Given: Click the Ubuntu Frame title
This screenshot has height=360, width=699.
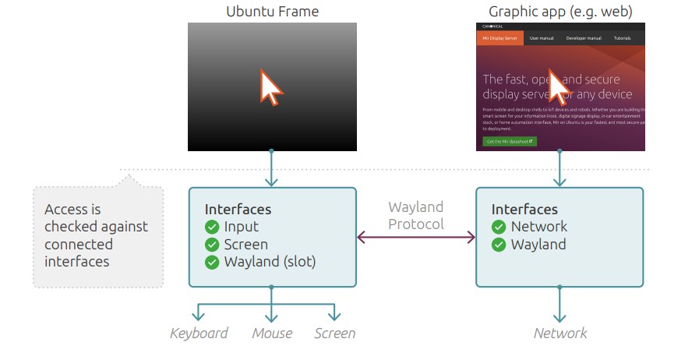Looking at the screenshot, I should click(x=272, y=12).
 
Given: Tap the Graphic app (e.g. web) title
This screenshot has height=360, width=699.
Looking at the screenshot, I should click(x=560, y=12).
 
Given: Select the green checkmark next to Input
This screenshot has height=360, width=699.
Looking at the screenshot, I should click(x=212, y=227).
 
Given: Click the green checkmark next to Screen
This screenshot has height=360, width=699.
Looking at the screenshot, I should click(x=212, y=245).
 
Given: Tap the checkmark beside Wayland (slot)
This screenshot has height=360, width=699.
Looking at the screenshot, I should click(x=212, y=262).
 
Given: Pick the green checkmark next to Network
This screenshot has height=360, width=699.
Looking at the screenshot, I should click(x=499, y=227).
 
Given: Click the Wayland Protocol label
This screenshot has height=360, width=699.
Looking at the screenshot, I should click(x=416, y=216).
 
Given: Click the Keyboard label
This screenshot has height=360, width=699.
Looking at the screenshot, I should click(x=199, y=334).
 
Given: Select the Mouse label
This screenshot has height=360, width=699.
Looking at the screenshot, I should click(x=272, y=334).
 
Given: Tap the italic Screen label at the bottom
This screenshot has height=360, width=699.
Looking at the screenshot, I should click(x=334, y=334).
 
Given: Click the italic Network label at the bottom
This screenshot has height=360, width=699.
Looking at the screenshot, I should click(x=560, y=334).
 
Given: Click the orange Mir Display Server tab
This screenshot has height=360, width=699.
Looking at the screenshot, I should click(x=500, y=38).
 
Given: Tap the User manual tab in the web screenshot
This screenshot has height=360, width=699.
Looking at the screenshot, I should click(x=542, y=38).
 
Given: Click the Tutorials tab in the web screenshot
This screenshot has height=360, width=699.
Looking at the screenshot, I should click(x=622, y=38).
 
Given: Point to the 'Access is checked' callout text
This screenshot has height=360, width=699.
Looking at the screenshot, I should click(x=96, y=235).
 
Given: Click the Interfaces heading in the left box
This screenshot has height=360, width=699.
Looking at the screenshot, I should click(x=238, y=209).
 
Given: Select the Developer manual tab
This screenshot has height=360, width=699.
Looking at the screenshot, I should click(x=583, y=38).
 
